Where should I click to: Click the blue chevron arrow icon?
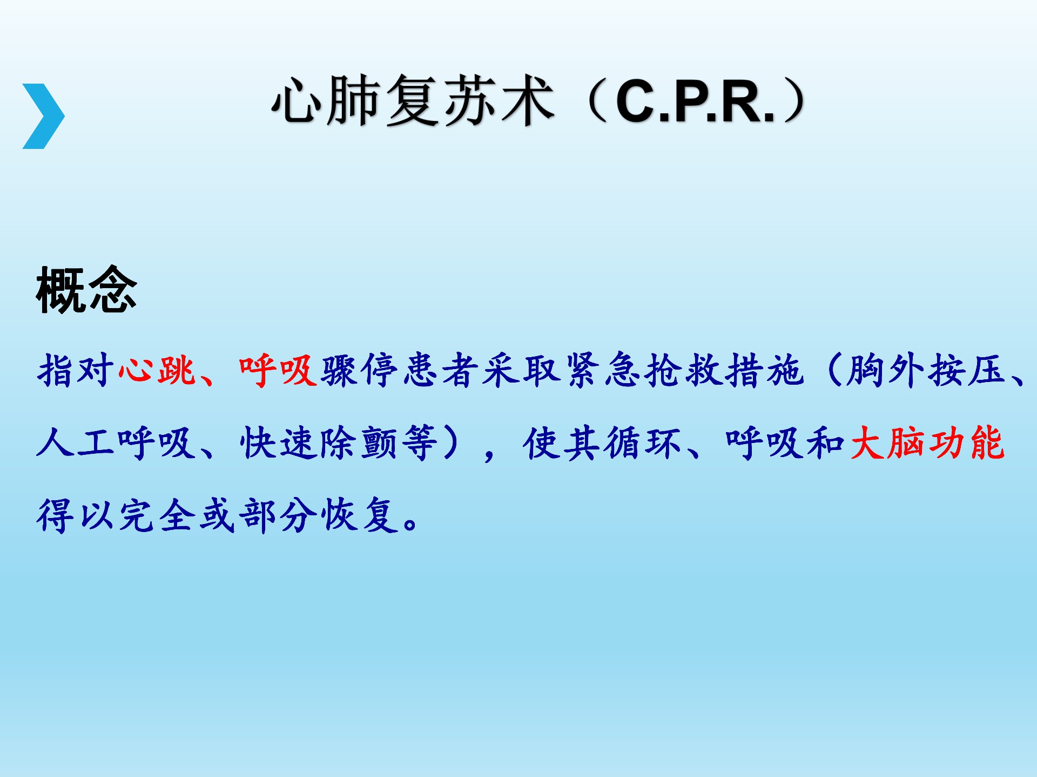click(x=43, y=116)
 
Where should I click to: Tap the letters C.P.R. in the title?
click(x=695, y=101)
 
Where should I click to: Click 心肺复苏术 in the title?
click(x=413, y=101)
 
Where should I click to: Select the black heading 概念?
click(x=86, y=290)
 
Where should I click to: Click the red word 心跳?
click(x=157, y=370)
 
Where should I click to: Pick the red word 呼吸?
click(x=278, y=370)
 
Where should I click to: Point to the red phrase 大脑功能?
click(x=927, y=442)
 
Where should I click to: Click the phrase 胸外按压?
click(x=926, y=370)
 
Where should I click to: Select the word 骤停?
click(x=359, y=370)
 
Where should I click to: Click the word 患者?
click(x=440, y=370)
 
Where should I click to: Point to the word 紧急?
click(x=602, y=370)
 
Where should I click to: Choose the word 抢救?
click(x=683, y=370)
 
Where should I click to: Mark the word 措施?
click(x=764, y=370)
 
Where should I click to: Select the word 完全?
click(x=157, y=515)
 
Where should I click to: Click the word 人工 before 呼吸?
click(x=76, y=442)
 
